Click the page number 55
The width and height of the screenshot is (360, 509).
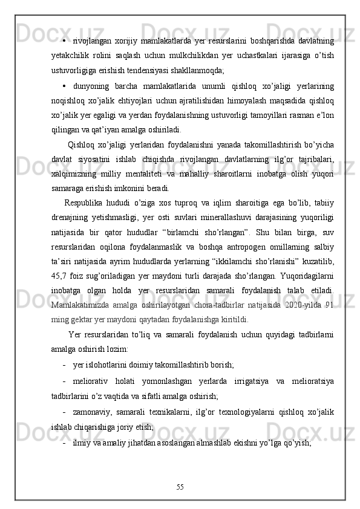[180, 486]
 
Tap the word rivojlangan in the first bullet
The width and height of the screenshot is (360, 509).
[91, 40]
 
